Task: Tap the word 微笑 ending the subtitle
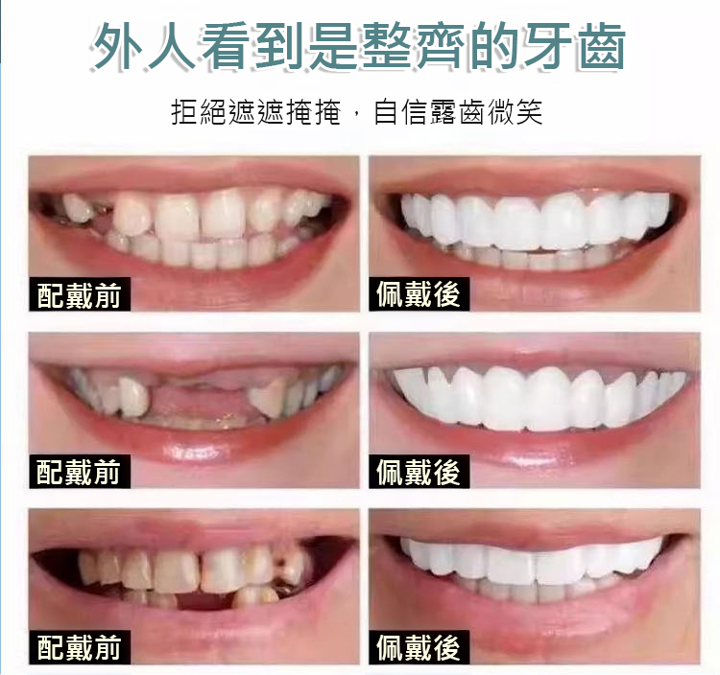516,112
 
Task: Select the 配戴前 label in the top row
79,294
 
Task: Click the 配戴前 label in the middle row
79,472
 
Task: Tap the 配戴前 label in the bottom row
79,647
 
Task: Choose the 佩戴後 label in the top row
419,294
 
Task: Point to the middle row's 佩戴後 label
419,472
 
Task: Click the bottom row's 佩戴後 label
419,647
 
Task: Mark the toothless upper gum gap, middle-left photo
200,393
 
